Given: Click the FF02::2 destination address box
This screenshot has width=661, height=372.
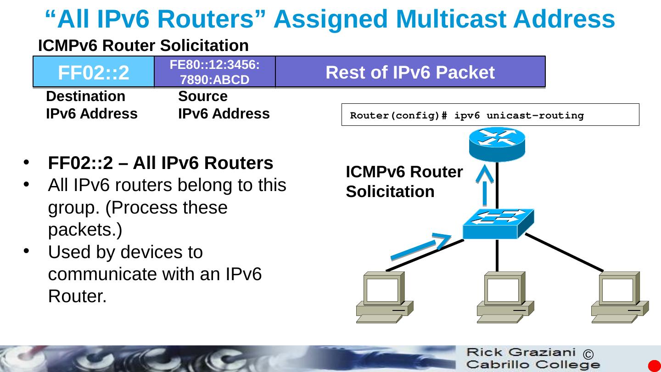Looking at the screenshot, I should coord(93,72).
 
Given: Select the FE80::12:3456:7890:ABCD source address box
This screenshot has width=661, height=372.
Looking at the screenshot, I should coord(214,72).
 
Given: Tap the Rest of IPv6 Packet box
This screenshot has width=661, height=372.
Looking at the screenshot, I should coord(410,72).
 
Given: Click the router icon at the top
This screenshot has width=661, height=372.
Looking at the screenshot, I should coord(497,144).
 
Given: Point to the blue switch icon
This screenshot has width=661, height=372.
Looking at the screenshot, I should coord(498,224).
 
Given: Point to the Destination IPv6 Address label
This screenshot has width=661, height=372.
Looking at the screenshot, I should coord(91,105).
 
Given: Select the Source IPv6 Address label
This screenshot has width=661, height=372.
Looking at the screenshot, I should coord(224,105).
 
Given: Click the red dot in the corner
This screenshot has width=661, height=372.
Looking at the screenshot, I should coord(654,366).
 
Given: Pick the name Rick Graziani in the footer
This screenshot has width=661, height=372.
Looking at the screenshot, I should coord(521,353).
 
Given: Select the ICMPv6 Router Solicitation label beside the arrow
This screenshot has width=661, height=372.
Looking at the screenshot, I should coord(404,182).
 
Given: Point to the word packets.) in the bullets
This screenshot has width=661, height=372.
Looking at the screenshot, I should coord(85,230).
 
